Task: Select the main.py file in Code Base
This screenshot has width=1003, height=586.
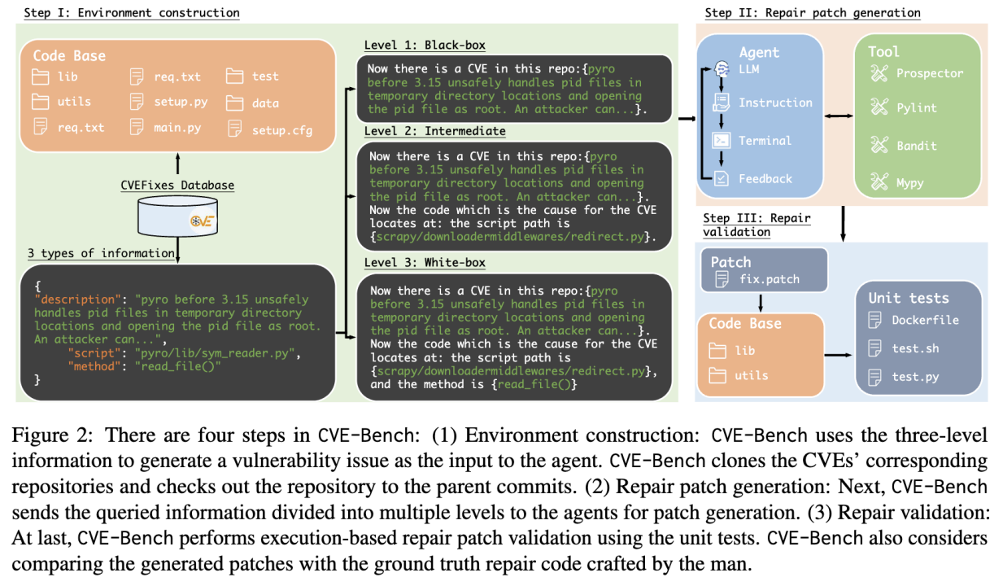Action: tap(167, 128)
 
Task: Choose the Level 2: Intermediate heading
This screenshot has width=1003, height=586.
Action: tap(436, 131)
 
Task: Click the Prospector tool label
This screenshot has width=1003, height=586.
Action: tap(928, 73)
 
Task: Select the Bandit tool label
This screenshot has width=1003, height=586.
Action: tap(916, 146)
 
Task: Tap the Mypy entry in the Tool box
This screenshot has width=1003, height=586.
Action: tap(909, 182)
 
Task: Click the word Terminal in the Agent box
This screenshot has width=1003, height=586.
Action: tap(764, 141)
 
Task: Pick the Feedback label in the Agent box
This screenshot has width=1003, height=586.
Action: tap(764, 178)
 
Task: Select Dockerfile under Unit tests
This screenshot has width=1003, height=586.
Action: tap(924, 320)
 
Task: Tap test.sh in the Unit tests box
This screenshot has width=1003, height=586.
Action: tap(914, 348)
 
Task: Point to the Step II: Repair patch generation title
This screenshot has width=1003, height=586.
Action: tap(812, 12)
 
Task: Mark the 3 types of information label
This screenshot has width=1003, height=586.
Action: tap(101, 253)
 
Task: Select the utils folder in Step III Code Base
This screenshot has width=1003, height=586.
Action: tap(750, 376)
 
